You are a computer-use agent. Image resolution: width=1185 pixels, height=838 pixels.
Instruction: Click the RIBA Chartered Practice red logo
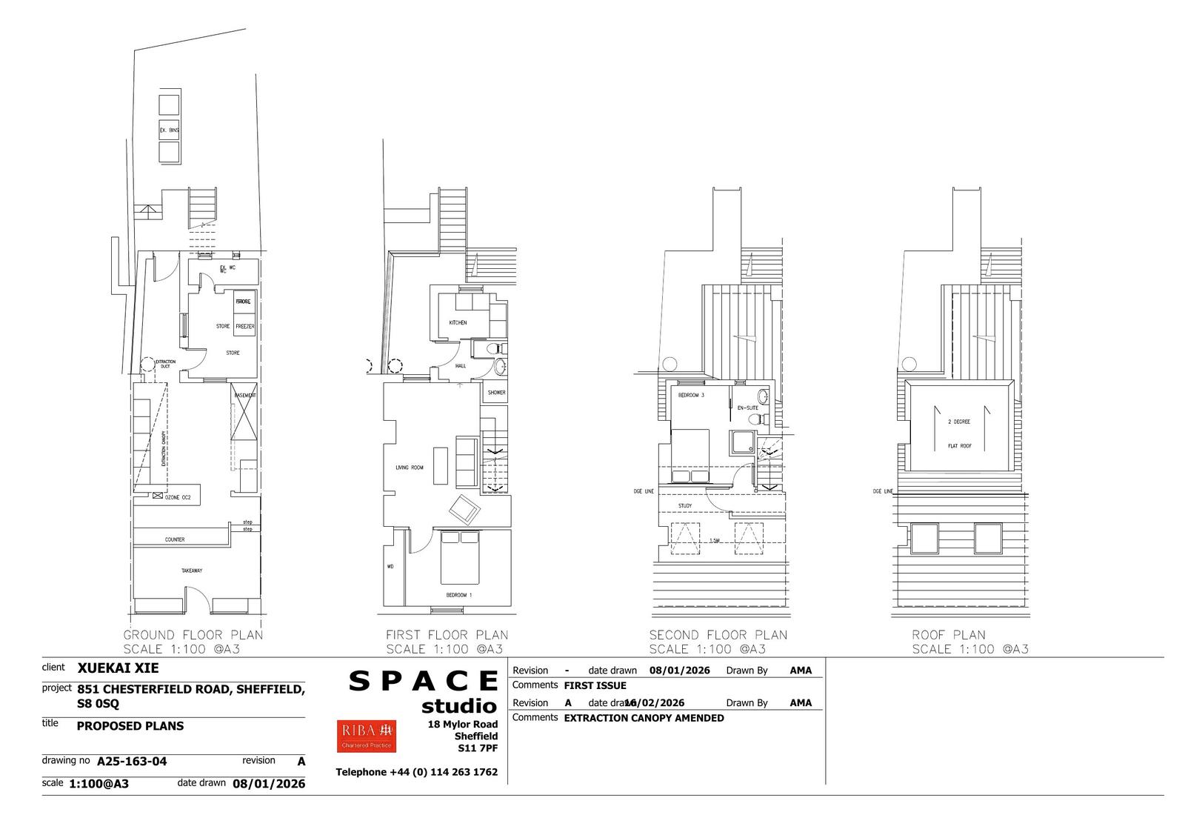coord(366,735)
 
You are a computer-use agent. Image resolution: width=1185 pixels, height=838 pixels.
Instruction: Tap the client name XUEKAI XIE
coord(118,668)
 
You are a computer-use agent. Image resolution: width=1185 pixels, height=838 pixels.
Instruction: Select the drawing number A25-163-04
coord(132,760)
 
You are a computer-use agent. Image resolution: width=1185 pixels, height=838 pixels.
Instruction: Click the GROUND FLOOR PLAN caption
coord(193,635)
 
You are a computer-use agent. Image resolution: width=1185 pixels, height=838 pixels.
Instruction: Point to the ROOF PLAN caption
coord(949,635)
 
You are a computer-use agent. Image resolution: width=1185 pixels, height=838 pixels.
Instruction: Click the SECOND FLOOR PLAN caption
coord(718,635)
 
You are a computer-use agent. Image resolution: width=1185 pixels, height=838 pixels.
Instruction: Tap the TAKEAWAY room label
coord(192,571)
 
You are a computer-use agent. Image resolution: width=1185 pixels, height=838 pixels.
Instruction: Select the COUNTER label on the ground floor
coord(175,539)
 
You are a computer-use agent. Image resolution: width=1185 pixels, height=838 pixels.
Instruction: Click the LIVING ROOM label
coord(410,468)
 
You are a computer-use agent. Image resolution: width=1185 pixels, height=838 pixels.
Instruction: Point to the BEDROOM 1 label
coord(459,595)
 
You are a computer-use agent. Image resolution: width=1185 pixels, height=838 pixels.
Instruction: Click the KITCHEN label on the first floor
coord(458,323)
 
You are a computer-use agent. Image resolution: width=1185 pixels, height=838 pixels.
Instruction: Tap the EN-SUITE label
coord(747,408)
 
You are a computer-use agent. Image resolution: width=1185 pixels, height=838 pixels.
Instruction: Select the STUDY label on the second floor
coord(685,506)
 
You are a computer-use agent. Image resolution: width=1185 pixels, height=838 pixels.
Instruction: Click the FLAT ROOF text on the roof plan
coord(960,446)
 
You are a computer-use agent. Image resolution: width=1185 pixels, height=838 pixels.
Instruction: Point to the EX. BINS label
coord(170,130)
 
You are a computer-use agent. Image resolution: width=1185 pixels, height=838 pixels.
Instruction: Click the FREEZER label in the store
coord(244,326)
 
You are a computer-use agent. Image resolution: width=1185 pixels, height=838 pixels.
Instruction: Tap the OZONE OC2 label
coord(178,498)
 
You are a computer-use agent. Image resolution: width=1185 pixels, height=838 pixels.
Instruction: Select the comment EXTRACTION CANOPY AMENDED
coord(644,718)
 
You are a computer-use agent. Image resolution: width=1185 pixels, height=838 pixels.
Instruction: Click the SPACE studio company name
coord(424,691)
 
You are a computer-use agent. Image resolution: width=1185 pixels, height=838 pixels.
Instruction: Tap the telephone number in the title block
coord(416,772)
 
